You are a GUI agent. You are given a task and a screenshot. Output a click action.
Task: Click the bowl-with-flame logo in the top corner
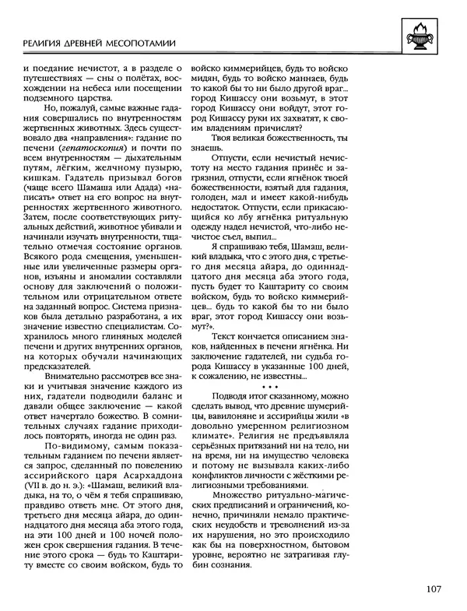coord(427,35)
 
